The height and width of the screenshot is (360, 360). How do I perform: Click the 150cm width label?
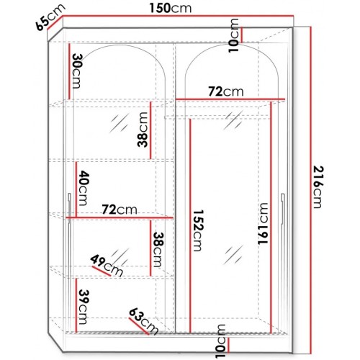tap(179, 9)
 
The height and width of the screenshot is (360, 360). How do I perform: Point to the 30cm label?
tap(76, 71)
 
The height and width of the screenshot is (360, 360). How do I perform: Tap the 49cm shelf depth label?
tap(107, 265)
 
